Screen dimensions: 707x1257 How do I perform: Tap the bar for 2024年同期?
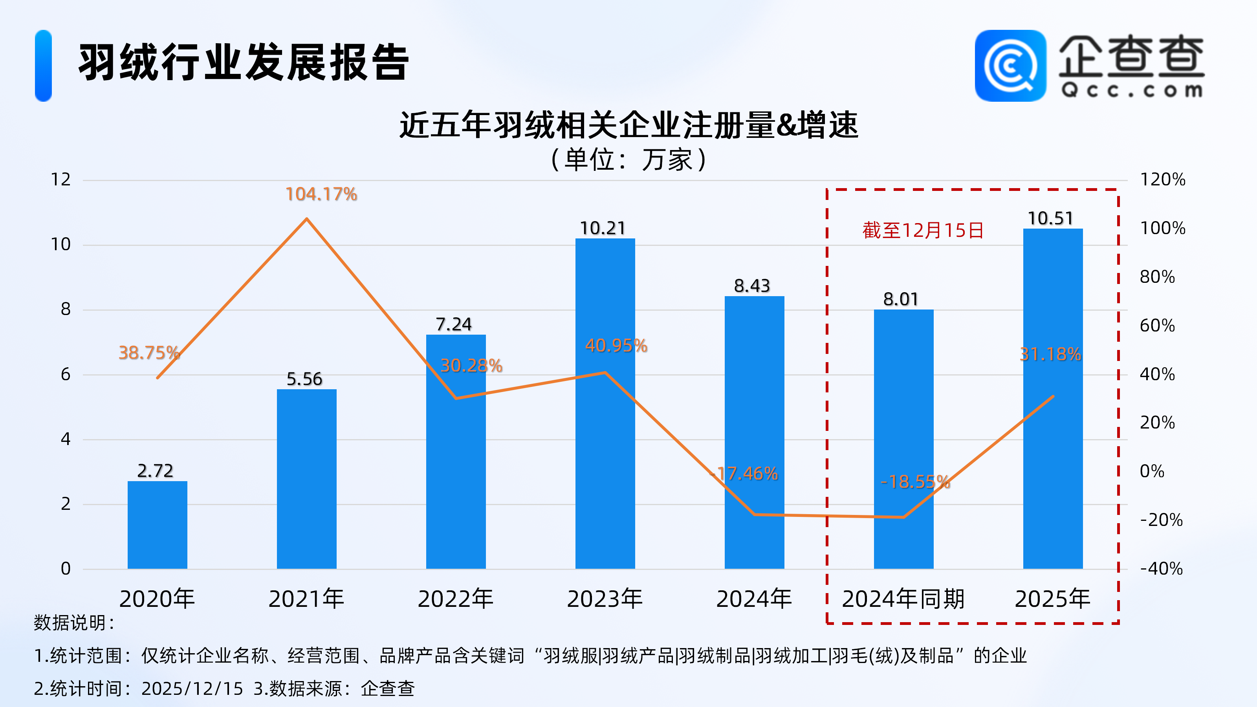(x=903, y=439)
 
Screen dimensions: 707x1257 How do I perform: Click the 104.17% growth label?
(x=321, y=194)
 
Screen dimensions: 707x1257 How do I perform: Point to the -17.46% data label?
(x=745, y=474)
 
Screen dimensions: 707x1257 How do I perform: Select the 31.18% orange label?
(x=1050, y=354)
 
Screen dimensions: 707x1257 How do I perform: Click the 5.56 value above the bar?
(x=304, y=379)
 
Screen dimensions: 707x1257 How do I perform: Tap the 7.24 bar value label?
(x=454, y=324)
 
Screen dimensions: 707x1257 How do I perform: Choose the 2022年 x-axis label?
(x=455, y=599)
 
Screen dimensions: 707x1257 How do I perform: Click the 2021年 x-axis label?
(x=306, y=599)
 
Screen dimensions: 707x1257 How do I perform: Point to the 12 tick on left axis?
(x=61, y=179)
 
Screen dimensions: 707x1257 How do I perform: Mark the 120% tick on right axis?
(x=1162, y=179)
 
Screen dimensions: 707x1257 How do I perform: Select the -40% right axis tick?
(x=1162, y=569)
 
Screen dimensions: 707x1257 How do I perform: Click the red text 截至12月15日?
(x=923, y=230)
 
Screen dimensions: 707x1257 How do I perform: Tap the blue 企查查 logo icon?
(x=1010, y=66)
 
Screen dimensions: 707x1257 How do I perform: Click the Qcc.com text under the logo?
(x=1132, y=90)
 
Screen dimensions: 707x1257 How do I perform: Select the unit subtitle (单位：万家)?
(x=628, y=159)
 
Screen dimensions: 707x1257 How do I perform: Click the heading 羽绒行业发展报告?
(x=244, y=62)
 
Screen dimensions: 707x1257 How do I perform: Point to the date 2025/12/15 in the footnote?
(x=192, y=689)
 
